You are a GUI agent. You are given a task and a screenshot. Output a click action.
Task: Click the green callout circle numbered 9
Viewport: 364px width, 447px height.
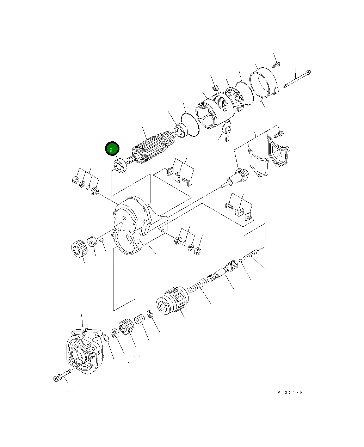point(112,149)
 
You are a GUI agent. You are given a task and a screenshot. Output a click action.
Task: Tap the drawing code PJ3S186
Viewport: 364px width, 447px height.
point(290,393)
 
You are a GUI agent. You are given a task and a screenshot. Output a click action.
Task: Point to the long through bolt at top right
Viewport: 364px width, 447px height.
point(297,79)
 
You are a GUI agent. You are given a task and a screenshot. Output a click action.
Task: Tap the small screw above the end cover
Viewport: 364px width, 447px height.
point(277,65)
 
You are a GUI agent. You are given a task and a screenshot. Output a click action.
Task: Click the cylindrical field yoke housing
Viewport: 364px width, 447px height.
point(215,109)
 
